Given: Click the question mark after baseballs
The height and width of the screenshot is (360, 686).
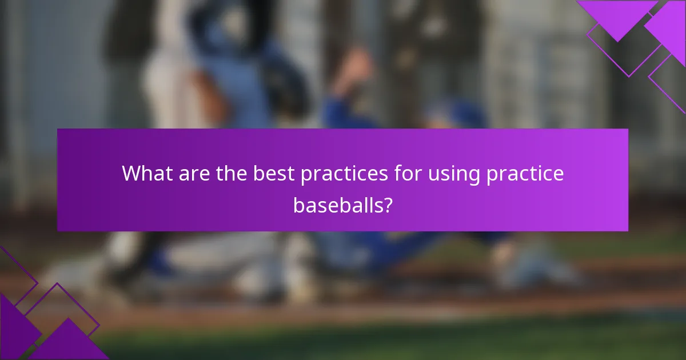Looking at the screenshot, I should pos(388,204).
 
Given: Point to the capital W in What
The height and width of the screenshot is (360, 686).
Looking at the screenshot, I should pos(133,174).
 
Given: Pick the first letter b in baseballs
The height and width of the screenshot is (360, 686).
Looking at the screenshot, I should pos(299,204).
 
